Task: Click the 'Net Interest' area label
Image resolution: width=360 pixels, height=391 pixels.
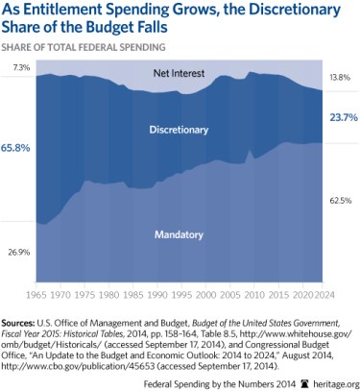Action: point(180,74)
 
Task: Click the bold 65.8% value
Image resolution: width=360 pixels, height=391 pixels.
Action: point(20,149)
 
